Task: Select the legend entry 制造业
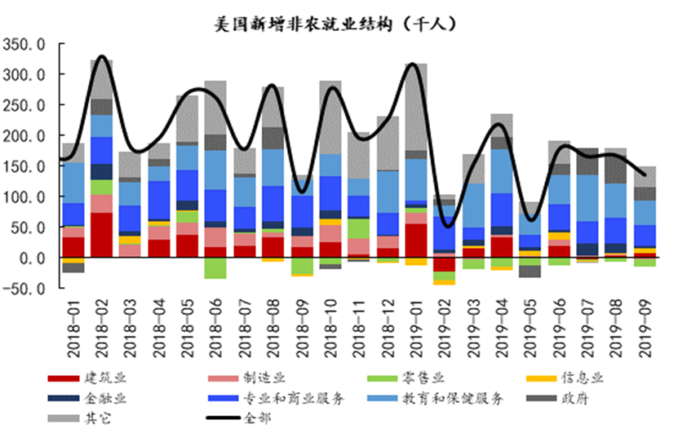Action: click(x=264, y=378)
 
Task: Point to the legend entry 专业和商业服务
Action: click(x=294, y=399)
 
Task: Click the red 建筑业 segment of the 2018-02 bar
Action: click(x=101, y=235)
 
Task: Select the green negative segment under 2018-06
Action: click(x=215, y=267)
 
